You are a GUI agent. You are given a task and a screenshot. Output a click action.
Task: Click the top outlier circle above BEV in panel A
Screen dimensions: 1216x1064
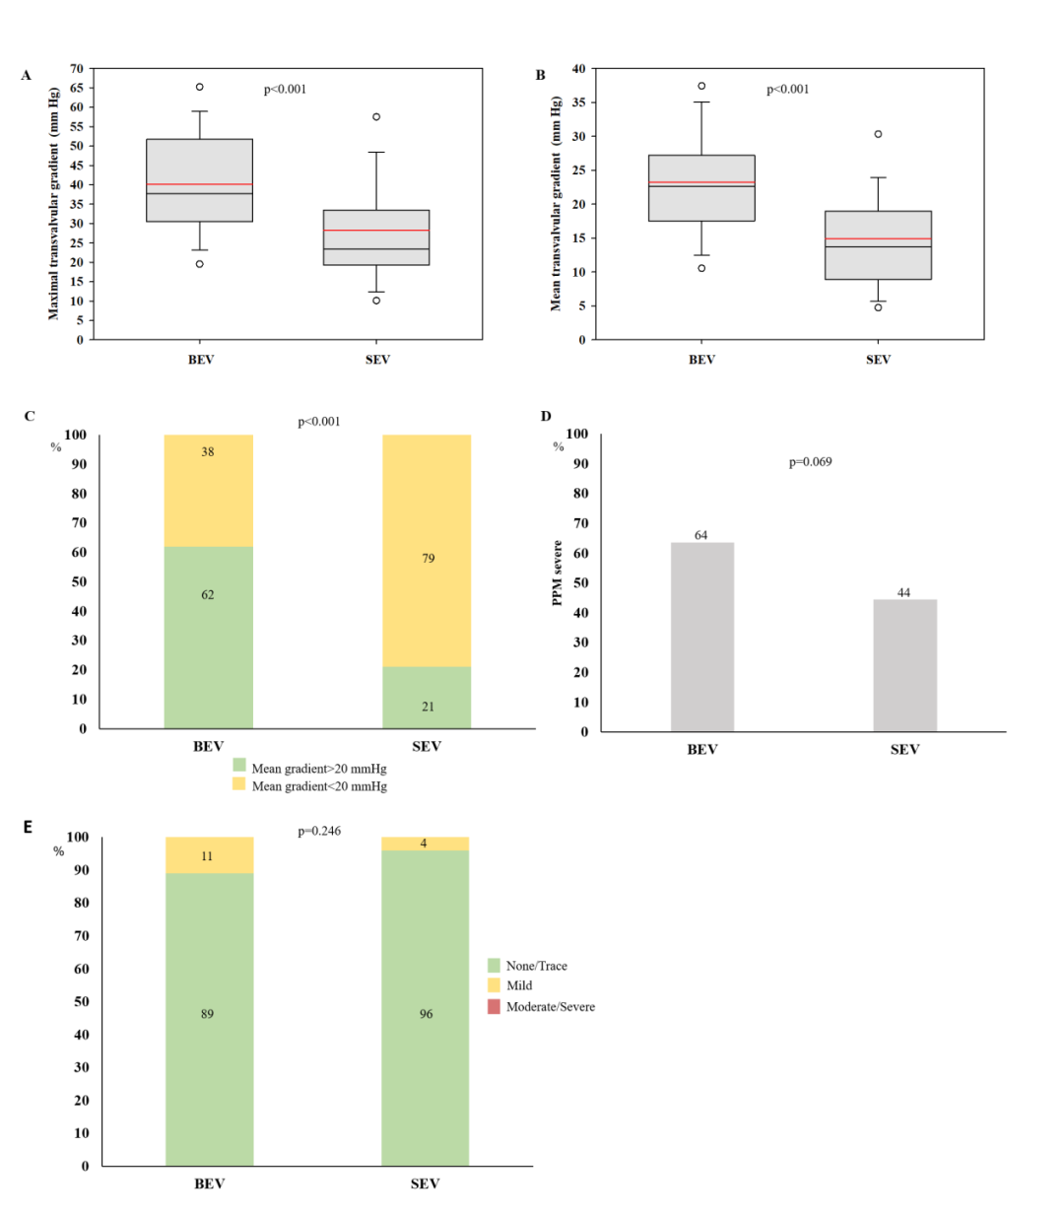tap(199, 87)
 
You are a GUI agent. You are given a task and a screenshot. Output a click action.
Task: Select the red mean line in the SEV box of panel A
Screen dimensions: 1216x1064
tap(376, 231)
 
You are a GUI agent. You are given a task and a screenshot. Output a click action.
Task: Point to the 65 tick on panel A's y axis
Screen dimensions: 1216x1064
tap(77, 88)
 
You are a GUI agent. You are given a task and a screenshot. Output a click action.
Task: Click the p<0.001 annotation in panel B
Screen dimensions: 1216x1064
tap(787, 90)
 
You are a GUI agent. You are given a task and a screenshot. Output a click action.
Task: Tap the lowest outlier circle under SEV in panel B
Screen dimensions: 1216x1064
tap(878, 307)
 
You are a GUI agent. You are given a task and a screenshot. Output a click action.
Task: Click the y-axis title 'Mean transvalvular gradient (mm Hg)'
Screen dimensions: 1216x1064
tap(556, 204)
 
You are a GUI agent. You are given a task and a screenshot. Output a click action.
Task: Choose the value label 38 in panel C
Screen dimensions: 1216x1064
tap(208, 452)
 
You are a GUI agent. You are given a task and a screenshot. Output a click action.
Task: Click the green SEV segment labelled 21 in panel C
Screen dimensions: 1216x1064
tap(427, 698)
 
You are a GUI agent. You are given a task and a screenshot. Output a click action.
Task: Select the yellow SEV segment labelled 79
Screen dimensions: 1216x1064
tap(427, 551)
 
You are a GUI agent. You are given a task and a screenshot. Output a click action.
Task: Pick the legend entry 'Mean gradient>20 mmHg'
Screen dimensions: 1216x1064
tap(318, 769)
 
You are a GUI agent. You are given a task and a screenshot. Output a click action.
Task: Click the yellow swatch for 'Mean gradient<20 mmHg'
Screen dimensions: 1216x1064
tap(239, 784)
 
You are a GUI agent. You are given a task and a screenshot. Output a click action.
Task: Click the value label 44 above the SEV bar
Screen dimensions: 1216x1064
tap(903, 593)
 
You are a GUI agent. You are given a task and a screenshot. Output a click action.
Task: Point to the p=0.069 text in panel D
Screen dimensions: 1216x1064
tap(810, 462)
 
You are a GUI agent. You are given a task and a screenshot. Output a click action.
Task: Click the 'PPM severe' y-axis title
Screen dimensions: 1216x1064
tap(557, 573)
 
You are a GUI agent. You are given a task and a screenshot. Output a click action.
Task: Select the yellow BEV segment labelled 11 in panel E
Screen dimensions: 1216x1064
tap(209, 855)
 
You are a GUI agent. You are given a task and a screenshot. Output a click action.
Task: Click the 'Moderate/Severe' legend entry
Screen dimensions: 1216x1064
tap(550, 1007)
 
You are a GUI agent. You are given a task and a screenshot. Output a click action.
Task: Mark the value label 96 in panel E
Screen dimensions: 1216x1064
tap(426, 1014)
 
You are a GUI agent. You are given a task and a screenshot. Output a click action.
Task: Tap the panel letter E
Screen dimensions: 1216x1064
tap(29, 827)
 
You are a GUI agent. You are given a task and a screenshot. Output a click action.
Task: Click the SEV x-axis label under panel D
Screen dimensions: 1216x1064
tap(904, 750)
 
